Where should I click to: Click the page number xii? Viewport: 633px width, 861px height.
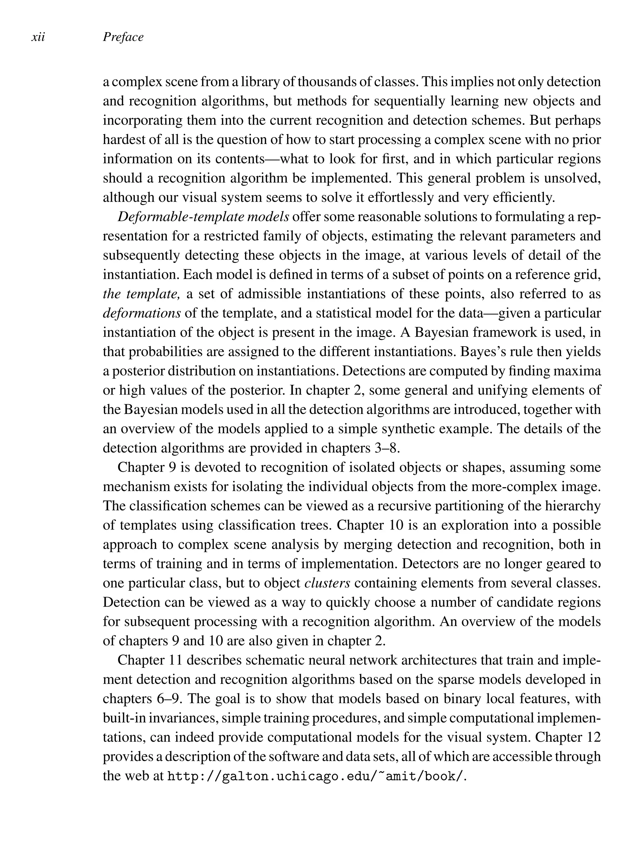38,37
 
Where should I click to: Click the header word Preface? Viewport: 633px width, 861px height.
123,37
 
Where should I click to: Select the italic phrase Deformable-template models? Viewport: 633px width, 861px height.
203,217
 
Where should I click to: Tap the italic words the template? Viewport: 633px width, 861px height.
141,294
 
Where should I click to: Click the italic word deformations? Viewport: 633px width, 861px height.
142,313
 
